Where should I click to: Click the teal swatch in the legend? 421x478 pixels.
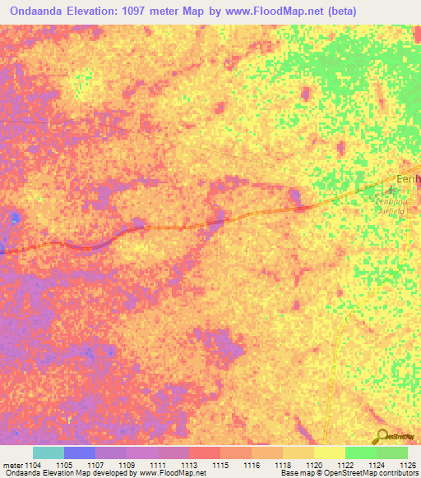point(49,453)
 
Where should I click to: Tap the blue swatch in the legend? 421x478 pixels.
point(80,453)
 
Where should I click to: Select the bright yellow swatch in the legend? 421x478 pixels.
point(330,453)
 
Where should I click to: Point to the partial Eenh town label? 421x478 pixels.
point(408,180)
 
